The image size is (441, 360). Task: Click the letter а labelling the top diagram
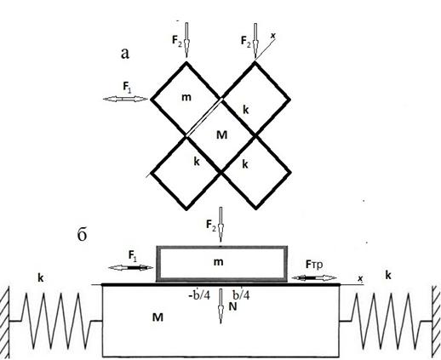[x=125, y=54]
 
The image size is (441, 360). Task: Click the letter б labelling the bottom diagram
[x=82, y=234]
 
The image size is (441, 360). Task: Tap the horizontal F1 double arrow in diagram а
[x=125, y=99]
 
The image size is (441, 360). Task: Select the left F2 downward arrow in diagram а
[x=186, y=39]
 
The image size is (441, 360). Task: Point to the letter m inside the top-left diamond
[x=186, y=98]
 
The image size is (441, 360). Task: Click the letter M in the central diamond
[x=221, y=135]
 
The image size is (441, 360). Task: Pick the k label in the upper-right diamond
[x=246, y=110]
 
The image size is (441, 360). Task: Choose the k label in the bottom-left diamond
[x=197, y=162]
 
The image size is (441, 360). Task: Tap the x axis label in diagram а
[x=273, y=36]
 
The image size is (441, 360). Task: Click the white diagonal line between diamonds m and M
[x=204, y=117]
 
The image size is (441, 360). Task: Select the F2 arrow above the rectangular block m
[x=220, y=225]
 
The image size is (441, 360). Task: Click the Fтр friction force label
[x=314, y=266]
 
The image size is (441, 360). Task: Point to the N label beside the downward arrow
[x=232, y=306]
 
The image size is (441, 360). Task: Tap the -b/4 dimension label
[x=199, y=295]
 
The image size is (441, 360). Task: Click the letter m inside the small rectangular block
[x=218, y=262]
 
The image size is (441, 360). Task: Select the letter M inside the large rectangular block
[x=157, y=317]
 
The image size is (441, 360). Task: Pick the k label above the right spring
[x=388, y=275]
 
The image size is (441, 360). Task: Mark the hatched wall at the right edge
[x=436, y=321]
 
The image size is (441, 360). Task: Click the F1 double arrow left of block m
[x=131, y=267]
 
